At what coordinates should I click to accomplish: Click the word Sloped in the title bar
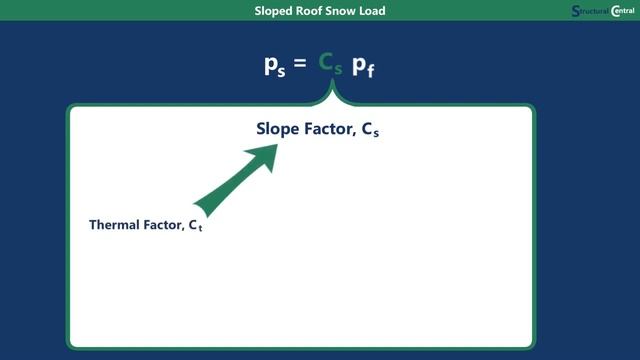[275, 11]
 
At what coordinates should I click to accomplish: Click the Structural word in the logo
[594, 12]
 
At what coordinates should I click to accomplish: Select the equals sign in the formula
[300, 65]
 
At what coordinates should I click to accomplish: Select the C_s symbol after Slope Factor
[368, 130]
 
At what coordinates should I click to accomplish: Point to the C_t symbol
[196, 227]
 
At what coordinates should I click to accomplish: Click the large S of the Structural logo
[576, 12]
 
